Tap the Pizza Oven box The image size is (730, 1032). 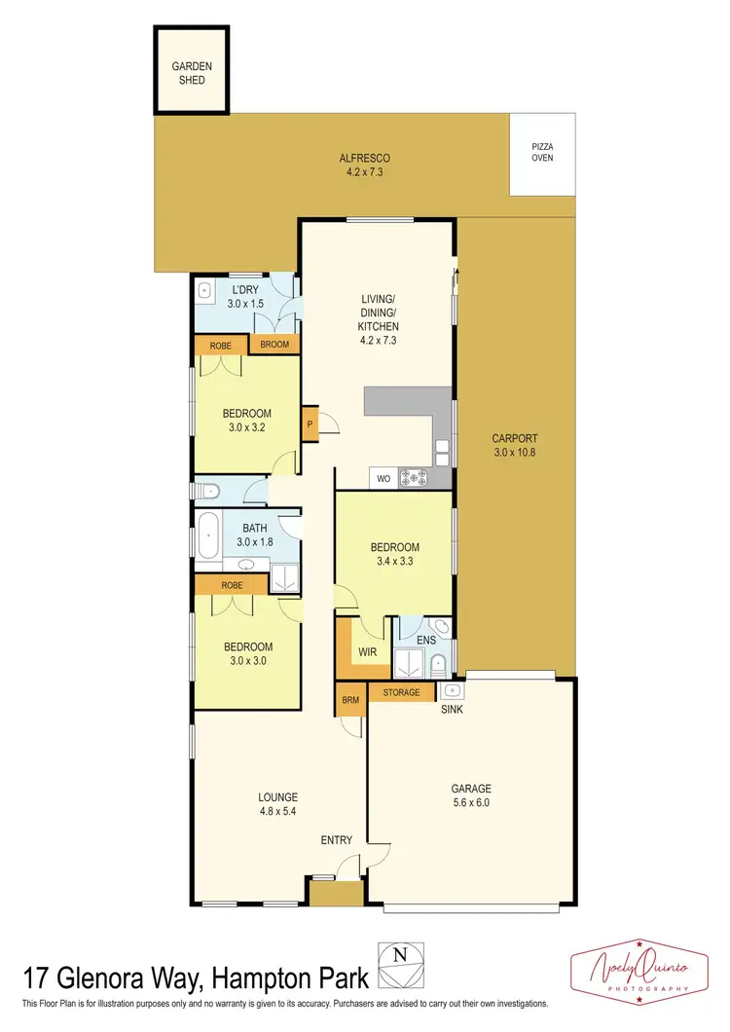(542, 152)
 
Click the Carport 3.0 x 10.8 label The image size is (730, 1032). (514, 445)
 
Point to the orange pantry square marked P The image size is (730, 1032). (310, 424)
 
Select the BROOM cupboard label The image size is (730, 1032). (274, 345)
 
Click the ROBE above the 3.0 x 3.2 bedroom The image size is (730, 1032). (220, 345)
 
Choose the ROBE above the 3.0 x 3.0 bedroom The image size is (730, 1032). (232, 585)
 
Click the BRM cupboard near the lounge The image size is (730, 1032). (348, 699)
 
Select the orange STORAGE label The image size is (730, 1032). (401, 692)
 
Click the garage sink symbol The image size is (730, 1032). (452, 691)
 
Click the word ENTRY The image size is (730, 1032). (338, 839)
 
